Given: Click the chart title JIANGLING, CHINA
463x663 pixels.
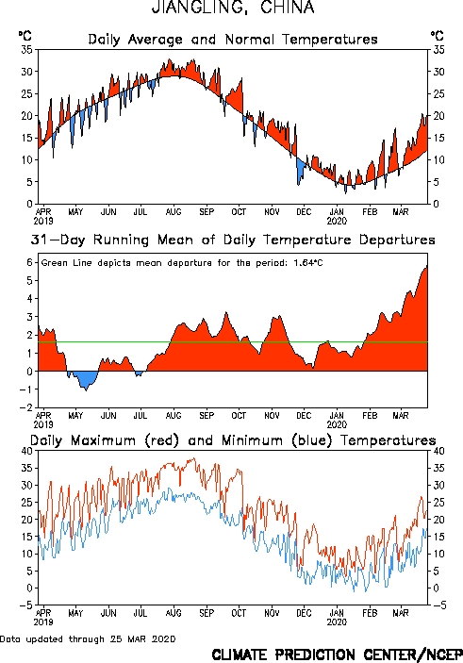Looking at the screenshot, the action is point(233,8).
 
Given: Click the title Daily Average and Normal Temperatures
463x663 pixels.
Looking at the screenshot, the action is point(233,40).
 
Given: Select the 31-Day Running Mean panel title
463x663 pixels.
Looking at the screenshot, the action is point(233,240).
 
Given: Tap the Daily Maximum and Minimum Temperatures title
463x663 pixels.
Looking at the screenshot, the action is point(233,440).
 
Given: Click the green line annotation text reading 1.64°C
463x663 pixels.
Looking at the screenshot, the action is point(308,263).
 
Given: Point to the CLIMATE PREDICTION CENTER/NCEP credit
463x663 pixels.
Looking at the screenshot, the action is point(337,655).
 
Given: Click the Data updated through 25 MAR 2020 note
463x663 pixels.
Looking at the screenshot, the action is point(88,638).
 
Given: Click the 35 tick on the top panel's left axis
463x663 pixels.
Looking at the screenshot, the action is point(26,50).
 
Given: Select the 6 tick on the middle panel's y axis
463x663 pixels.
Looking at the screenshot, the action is point(29,262).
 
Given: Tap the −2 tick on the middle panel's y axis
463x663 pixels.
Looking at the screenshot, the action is point(26,407).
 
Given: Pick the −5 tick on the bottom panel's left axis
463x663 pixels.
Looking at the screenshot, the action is point(26,605).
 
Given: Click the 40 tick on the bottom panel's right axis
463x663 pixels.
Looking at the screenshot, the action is point(438,451).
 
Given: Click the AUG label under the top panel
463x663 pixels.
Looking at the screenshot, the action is point(174,211).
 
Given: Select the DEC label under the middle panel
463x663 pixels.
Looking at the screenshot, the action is point(304,415).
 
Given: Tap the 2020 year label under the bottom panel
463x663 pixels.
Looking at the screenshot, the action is point(337,622).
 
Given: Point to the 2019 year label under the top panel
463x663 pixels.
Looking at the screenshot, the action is point(43,221).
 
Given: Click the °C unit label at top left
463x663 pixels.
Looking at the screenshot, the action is point(25,36).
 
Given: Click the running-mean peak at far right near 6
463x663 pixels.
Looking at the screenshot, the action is point(426,266).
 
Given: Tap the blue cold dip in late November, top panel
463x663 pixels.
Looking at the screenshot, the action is point(301,170).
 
